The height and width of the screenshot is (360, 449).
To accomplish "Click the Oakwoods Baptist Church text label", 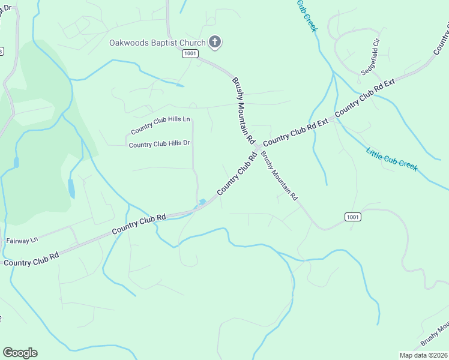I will click(x=157, y=43).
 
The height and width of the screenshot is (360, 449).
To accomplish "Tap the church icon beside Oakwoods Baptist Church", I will click(x=215, y=42).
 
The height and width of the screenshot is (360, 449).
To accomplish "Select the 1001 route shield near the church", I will click(x=190, y=54).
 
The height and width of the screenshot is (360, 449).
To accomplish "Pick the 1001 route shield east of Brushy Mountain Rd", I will click(x=353, y=217).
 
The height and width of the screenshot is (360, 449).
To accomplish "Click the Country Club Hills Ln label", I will click(x=160, y=124).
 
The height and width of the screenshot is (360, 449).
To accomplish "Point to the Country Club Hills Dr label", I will click(x=159, y=144).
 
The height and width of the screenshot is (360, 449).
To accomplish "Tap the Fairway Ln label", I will click(x=22, y=240).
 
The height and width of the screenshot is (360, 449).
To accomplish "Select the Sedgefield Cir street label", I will click(x=371, y=57).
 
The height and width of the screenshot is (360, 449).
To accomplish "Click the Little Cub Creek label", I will click(x=391, y=158).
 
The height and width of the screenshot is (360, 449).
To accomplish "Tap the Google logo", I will click(x=20, y=352).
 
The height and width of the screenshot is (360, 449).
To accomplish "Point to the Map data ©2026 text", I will click(x=423, y=355).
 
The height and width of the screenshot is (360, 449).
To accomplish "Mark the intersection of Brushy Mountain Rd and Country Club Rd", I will click(x=257, y=148).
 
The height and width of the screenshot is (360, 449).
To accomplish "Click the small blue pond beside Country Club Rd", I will click(x=203, y=202).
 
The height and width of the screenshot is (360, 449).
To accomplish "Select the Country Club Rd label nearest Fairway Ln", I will click(x=31, y=259).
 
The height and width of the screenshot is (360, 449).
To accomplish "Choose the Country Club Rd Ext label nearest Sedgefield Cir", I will click(x=364, y=96).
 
